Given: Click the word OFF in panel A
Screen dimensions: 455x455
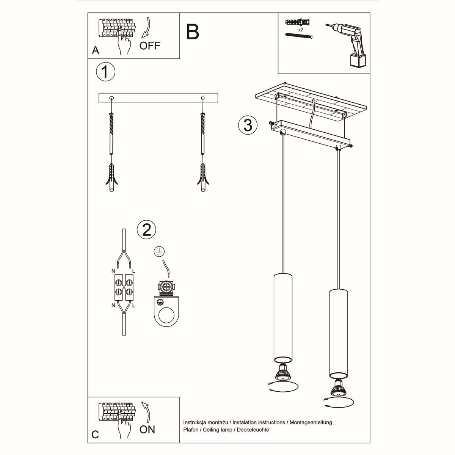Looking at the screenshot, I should [150, 46].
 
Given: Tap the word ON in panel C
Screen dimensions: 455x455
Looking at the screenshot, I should [147, 429].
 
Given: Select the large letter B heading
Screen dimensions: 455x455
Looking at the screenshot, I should [193, 32].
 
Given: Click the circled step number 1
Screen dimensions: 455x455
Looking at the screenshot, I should [105, 72].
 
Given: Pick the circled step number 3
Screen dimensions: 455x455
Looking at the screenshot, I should [248, 125].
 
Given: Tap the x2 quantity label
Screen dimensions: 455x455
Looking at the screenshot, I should [300, 30].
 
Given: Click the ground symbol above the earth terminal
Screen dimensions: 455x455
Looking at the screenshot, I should [157, 251].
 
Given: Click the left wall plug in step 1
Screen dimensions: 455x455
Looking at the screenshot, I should [111, 178].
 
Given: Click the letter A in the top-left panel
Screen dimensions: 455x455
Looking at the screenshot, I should [96, 50].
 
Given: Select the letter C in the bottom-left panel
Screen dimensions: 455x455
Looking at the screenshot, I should [95, 435].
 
